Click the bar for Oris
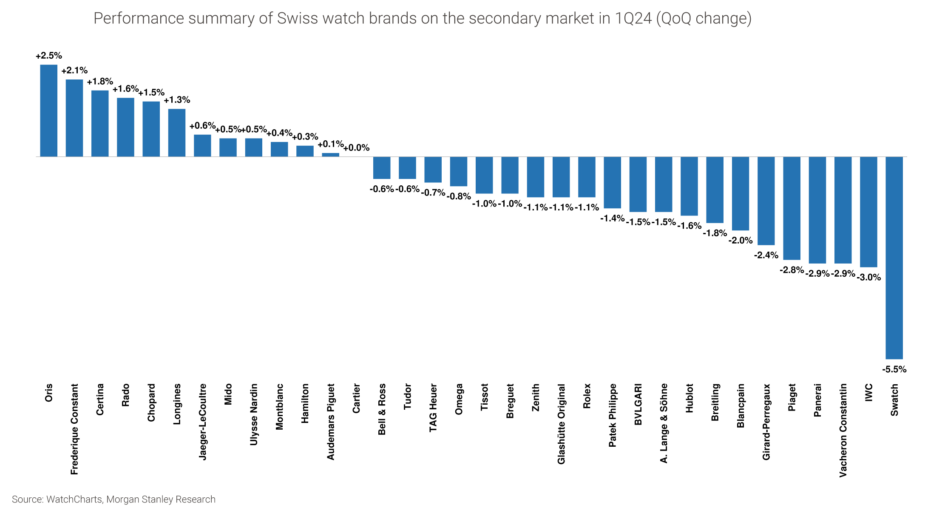point(48,111)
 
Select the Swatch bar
point(894,258)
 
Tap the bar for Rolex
point(587,177)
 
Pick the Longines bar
point(177,133)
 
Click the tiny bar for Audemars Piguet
point(330,155)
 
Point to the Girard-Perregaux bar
point(766,201)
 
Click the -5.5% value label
point(894,369)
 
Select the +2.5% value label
point(48,56)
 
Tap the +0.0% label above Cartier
point(356,148)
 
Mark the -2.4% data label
point(766,255)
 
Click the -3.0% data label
point(868,278)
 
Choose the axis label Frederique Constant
point(74,429)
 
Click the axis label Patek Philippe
point(612,415)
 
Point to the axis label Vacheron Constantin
point(843,430)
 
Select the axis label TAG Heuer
point(433,408)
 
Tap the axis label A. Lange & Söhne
point(664,423)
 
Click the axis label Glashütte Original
point(561,424)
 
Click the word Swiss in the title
point(297,19)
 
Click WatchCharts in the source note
point(74,499)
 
